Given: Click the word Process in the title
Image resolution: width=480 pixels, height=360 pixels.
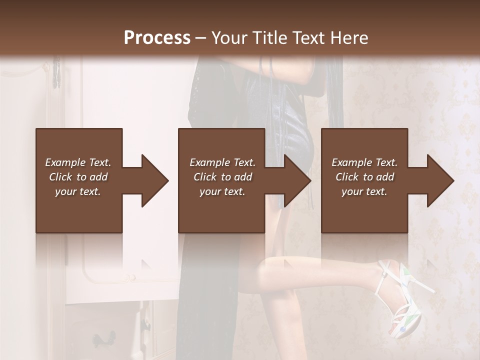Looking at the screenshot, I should [157, 37].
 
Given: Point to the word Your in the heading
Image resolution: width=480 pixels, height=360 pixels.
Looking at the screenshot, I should [229, 37].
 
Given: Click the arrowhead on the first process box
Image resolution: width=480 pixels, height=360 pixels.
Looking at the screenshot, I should [152, 180].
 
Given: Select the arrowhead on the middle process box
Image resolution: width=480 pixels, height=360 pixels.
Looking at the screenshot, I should [295, 180].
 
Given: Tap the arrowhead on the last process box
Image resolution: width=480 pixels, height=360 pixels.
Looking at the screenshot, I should [438, 180].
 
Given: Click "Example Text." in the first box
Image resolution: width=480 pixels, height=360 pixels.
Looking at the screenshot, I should [78, 162].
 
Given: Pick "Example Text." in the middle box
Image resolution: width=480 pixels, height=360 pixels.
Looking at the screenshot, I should [222, 162].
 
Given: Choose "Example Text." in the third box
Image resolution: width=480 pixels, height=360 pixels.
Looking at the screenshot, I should [364, 162].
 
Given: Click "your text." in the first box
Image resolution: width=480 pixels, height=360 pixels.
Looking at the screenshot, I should [78, 191].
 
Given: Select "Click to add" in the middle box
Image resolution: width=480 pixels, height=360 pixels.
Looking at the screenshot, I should [222, 177].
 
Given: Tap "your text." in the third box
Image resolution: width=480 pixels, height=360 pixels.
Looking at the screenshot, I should [364, 191].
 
